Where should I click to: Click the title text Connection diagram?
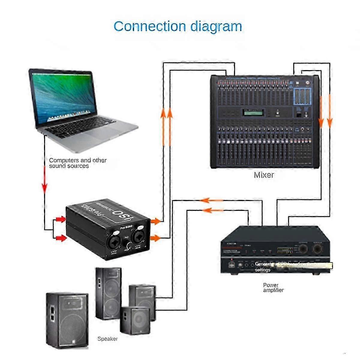[x=178, y=26]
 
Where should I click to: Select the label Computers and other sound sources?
[x=77, y=163]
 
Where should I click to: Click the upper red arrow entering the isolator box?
[x=61, y=220]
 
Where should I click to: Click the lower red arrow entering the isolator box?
[x=61, y=238]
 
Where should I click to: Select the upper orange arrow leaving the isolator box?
[x=155, y=221]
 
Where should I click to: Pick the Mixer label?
[x=264, y=175]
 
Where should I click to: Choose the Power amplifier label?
[x=273, y=287]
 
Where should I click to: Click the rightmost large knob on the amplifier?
[x=317, y=248]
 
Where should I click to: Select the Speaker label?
[x=107, y=339]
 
